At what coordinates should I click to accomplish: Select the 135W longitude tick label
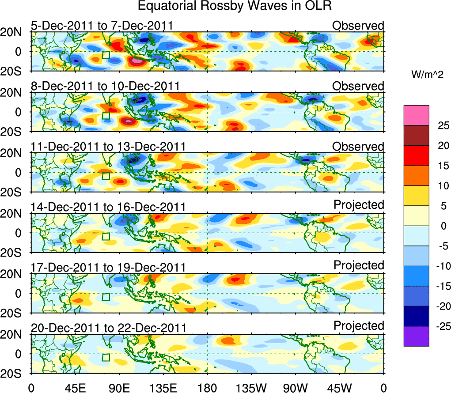pyautogui.click(x=251, y=387)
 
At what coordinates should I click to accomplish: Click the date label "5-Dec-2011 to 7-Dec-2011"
pyautogui.click(x=102, y=26)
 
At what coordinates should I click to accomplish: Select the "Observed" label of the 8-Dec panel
pyautogui.click(x=358, y=86)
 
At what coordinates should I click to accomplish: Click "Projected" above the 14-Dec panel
pyautogui.click(x=359, y=205)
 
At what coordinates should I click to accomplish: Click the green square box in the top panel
pyautogui.click(x=106, y=55)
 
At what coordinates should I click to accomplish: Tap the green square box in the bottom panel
pyautogui.click(x=106, y=357)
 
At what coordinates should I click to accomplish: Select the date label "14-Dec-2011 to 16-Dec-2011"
pyautogui.click(x=108, y=207)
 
